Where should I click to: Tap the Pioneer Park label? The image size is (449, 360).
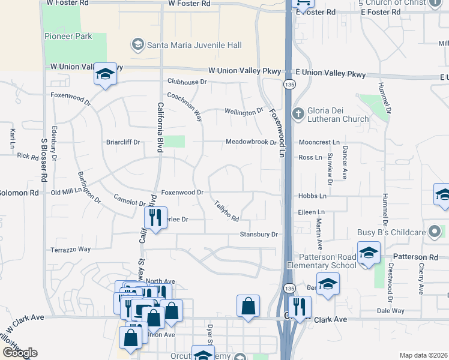[x=68, y=36]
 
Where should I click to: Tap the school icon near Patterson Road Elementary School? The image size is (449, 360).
[x=369, y=253]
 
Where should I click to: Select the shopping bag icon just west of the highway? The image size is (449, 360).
[x=248, y=306]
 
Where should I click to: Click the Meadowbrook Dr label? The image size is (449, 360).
[x=250, y=143]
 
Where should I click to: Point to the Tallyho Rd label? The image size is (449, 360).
[x=227, y=210]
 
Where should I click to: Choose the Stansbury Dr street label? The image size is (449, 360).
[x=259, y=235]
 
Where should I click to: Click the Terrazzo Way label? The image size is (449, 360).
[x=70, y=249]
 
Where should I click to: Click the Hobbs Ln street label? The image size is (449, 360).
[x=312, y=196]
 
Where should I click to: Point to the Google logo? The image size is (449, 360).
[x=19, y=352]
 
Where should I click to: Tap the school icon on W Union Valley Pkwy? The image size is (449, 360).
[x=105, y=74]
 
